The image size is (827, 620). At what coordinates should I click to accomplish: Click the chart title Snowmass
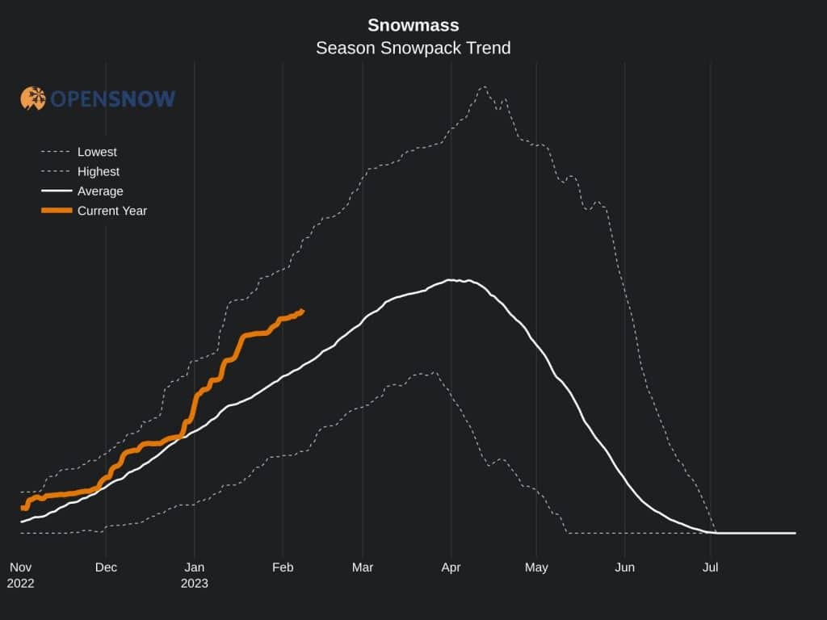pyautogui.click(x=413, y=24)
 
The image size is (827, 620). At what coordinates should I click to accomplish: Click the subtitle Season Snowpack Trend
pyautogui.click(x=413, y=48)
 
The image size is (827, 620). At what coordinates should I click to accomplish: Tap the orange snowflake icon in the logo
pyautogui.click(x=33, y=98)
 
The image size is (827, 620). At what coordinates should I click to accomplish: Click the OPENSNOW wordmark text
pyautogui.click(x=113, y=99)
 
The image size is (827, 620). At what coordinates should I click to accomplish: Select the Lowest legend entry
pyautogui.click(x=97, y=152)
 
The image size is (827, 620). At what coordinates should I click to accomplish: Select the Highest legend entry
pyautogui.click(x=99, y=171)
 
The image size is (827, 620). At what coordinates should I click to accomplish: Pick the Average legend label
pyautogui.click(x=100, y=191)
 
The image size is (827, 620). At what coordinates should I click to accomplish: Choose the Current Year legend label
pyautogui.click(x=112, y=211)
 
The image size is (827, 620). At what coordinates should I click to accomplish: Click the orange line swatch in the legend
pyautogui.click(x=57, y=211)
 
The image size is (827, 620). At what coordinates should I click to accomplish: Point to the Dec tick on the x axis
pyautogui.click(x=106, y=568)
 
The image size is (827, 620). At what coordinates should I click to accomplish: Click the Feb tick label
pyautogui.click(x=283, y=568)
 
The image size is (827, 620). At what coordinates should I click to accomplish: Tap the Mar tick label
pyautogui.click(x=363, y=568)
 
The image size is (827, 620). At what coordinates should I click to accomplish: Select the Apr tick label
pyautogui.click(x=451, y=568)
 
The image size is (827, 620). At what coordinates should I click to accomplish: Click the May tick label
pyautogui.click(x=536, y=568)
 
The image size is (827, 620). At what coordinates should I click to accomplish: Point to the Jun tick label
pyautogui.click(x=624, y=568)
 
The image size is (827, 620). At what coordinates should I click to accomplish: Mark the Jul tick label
pyautogui.click(x=711, y=568)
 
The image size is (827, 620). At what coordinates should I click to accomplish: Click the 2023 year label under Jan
pyautogui.click(x=194, y=583)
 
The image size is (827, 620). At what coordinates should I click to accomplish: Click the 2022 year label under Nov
pyautogui.click(x=20, y=583)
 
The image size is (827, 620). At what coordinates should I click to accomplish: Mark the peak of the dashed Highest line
pyautogui.click(x=484, y=87)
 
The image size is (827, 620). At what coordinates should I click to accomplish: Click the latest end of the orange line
pyautogui.click(x=302, y=311)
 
